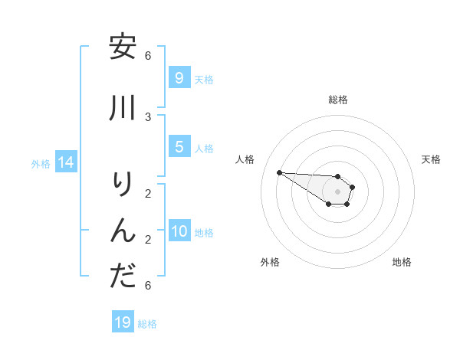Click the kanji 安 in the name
(x=123, y=47)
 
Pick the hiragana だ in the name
(x=123, y=276)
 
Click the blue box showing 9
(x=179, y=77)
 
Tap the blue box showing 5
(x=179, y=147)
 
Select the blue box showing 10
(x=179, y=231)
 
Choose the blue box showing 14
(x=65, y=162)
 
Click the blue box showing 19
(x=122, y=322)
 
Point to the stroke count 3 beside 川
(x=148, y=116)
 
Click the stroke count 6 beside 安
(x=148, y=55)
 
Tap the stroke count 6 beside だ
(x=148, y=285)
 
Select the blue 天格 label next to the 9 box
(x=204, y=79)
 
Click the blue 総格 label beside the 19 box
(x=147, y=324)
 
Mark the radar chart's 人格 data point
(x=279, y=172)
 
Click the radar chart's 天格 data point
(x=353, y=186)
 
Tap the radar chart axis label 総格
(x=337, y=100)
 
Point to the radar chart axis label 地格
(x=402, y=262)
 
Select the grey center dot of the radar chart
(x=337, y=191)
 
